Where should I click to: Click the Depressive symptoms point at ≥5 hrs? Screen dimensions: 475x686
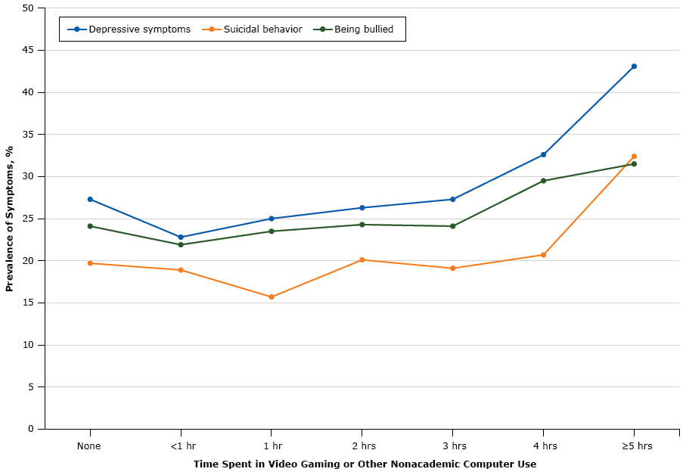tap(634, 67)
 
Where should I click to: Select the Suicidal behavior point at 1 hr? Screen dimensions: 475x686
tap(272, 297)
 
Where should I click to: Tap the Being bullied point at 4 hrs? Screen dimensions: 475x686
tap(543, 181)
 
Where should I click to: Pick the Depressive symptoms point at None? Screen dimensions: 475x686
tap(90, 200)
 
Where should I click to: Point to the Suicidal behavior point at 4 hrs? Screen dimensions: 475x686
tap(543, 255)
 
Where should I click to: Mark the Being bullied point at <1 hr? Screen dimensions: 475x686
tap(181, 244)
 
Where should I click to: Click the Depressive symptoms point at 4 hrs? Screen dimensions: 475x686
tap(543, 155)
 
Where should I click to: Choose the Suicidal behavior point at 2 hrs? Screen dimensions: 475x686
tap(362, 260)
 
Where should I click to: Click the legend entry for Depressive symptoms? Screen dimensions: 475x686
tap(129, 29)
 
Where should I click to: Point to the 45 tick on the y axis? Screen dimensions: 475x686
tap(29, 51)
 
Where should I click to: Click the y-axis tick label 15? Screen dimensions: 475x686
tap(29, 303)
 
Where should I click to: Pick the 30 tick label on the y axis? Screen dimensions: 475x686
tap(29, 177)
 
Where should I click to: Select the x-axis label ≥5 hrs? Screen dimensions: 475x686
tap(636, 446)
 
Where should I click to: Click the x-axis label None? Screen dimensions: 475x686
tap(89, 446)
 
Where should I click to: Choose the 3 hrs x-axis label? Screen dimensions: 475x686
tap(452, 446)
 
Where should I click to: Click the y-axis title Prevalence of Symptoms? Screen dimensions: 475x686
tap(10, 219)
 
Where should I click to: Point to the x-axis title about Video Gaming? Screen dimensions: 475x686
tap(365, 464)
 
